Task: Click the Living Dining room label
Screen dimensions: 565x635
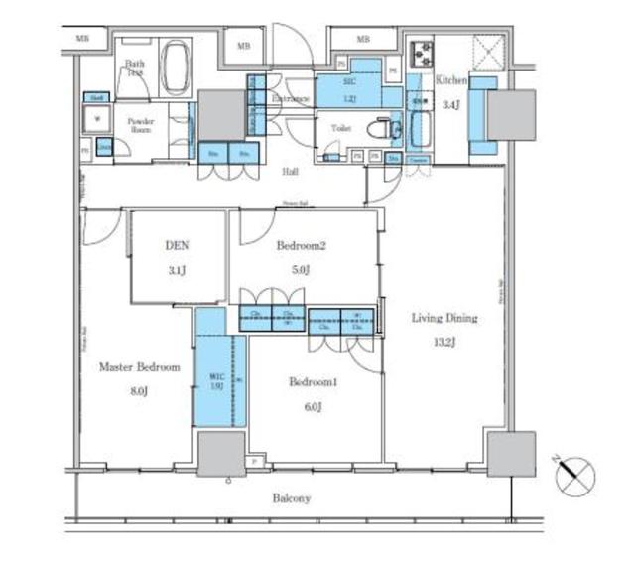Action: pyautogui.click(x=444, y=318)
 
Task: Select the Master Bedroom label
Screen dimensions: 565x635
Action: pyautogui.click(x=139, y=367)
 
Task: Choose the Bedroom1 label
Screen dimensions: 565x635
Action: pyautogui.click(x=314, y=381)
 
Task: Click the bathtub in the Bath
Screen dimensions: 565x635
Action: pyautogui.click(x=177, y=68)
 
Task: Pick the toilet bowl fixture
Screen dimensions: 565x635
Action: pyautogui.click(x=380, y=128)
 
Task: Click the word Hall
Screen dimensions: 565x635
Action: pyautogui.click(x=290, y=172)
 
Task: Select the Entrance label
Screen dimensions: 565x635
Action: pyautogui.click(x=289, y=100)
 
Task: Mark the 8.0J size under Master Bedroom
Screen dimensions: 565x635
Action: pyautogui.click(x=139, y=391)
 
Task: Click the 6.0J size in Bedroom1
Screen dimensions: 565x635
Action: pyautogui.click(x=314, y=406)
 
